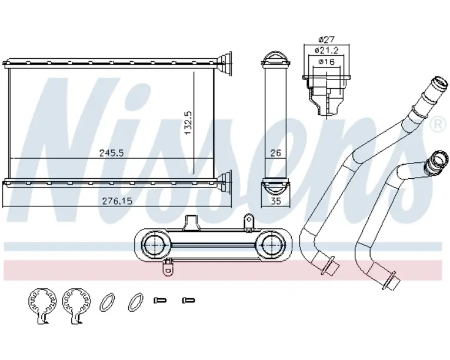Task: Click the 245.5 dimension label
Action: pyautogui.click(x=111, y=153)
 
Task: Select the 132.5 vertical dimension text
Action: pyautogui.click(x=189, y=123)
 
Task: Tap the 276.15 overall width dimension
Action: pyautogui.click(x=118, y=201)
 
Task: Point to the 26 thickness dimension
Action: pyautogui.click(x=275, y=153)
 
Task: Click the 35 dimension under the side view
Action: pyautogui.click(x=275, y=201)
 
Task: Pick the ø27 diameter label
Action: pyautogui.click(x=326, y=39)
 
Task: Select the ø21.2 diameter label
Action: pyautogui.click(x=326, y=50)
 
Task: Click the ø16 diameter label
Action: pyautogui.click(x=326, y=61)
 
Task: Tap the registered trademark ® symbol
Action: pyautogui.click(x=439, y=124)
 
